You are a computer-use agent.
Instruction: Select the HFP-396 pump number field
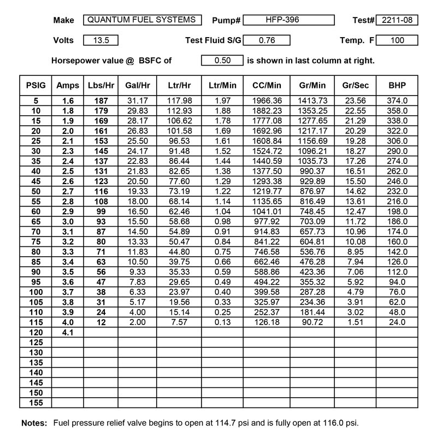(x=288, y=20)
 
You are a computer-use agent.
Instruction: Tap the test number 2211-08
(x=397, y=20)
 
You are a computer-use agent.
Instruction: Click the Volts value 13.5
(x=101, y=40)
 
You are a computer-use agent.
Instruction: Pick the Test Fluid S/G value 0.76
(x=266, y=40)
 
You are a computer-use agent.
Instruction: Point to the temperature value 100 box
(x=397, y=40)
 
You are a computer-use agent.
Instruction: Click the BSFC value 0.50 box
(x=222, y=61)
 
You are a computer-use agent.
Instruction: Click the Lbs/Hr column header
(x=101, y=85)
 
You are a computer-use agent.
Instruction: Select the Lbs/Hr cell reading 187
(x=101, y=101)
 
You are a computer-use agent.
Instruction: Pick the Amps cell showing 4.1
(x=68, y=332)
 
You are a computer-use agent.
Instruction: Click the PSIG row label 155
(x=35, y=403)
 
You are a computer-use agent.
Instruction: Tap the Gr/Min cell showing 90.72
(x=312, y=322)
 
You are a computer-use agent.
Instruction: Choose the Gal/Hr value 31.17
(x=134, y=101)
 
